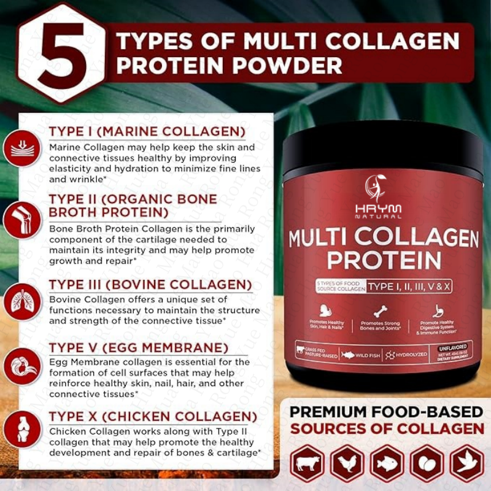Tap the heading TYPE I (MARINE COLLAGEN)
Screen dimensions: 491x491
coord(147,132)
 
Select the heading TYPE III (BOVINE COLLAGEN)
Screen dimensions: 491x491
coord(150,285)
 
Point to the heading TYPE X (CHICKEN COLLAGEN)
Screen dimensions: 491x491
coord(153,417)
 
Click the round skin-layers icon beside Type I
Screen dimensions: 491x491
coord(23,148)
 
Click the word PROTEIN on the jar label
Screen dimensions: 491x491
coord(384,260)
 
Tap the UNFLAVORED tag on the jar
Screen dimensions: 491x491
coord(454,347)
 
